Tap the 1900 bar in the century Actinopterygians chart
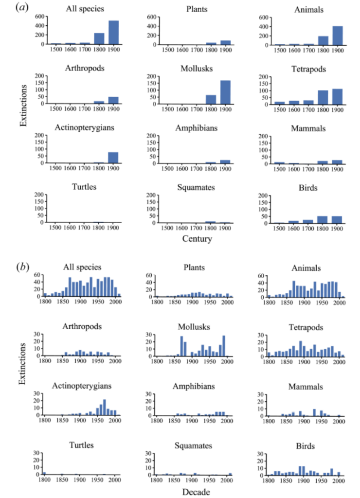click(113, 158)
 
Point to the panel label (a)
click(21, 7)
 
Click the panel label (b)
click(21, 267)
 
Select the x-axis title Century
click(197, 239)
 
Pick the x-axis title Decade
click(197, 492)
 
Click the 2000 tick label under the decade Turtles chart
click(114, 480)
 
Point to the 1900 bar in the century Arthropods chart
click(113, 100)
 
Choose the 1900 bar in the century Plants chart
click(225, 42)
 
